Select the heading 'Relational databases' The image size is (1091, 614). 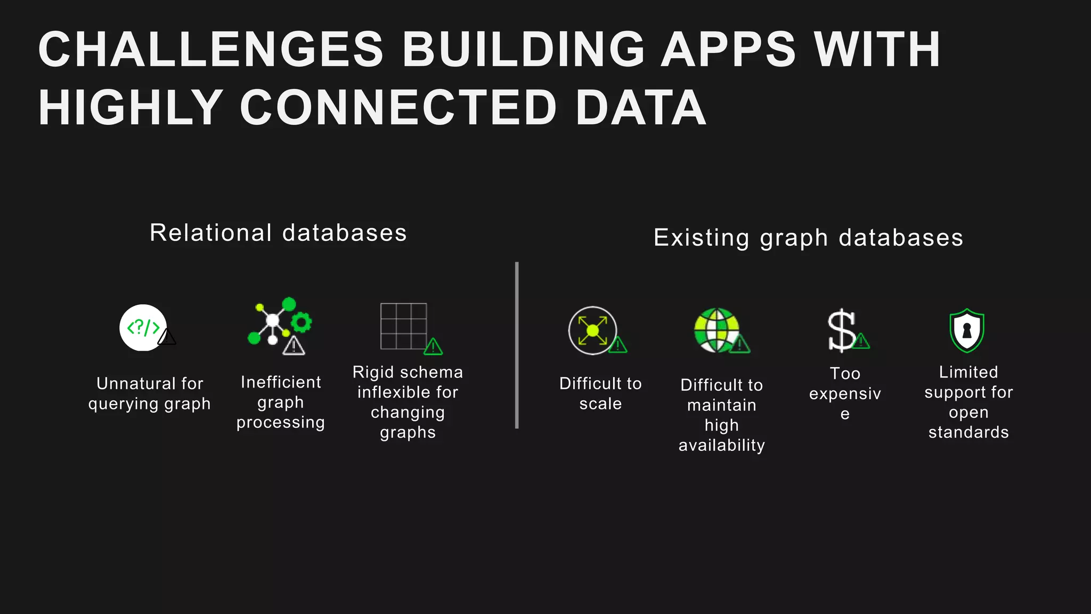click(x=278, y=233)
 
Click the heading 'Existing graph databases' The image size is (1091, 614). click(x=808, y=238)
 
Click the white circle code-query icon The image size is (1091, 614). click(x=142, y=327)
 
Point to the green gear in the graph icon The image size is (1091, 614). click(x=302, y=322)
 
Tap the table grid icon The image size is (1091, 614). click(x=403, y=326)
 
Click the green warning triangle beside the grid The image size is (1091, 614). click(x=433, y=347)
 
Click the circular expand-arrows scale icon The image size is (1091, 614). click(x=592, y=330)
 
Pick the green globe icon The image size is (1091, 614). click(x=717, y=330)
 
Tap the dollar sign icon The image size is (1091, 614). click(x=841, y=330)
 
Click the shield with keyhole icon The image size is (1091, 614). click(x=966, y=330)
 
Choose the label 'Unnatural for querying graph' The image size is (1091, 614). click(x=150, y=393)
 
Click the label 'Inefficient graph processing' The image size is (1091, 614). click(x=281, y=402)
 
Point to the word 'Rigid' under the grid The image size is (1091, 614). click(x=373, y=372)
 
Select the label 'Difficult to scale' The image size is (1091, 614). click(x=600, y=393)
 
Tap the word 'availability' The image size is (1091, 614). click(x=721, y=445)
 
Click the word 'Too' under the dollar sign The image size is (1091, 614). click(x=845, y=374)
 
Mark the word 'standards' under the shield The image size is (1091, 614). click(x=968, y=432)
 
